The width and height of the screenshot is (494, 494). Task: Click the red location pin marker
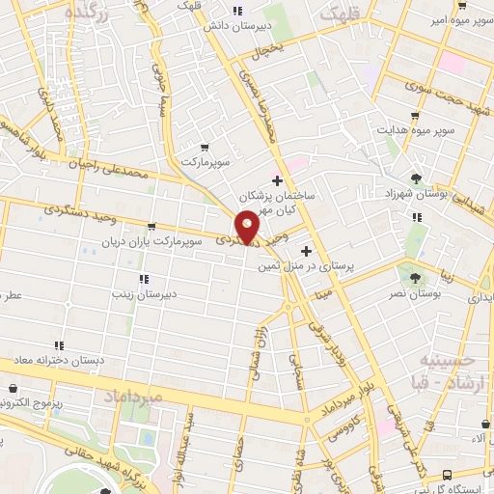click(x=248, y=226)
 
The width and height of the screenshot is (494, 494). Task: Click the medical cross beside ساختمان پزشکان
click(x=277, y=180)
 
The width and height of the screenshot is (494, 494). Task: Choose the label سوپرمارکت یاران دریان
click(x=154, y=240)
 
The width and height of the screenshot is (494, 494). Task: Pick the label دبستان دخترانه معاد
click(x=58, y=359)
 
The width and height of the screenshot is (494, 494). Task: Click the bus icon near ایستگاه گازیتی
click(x=446, y=474)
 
